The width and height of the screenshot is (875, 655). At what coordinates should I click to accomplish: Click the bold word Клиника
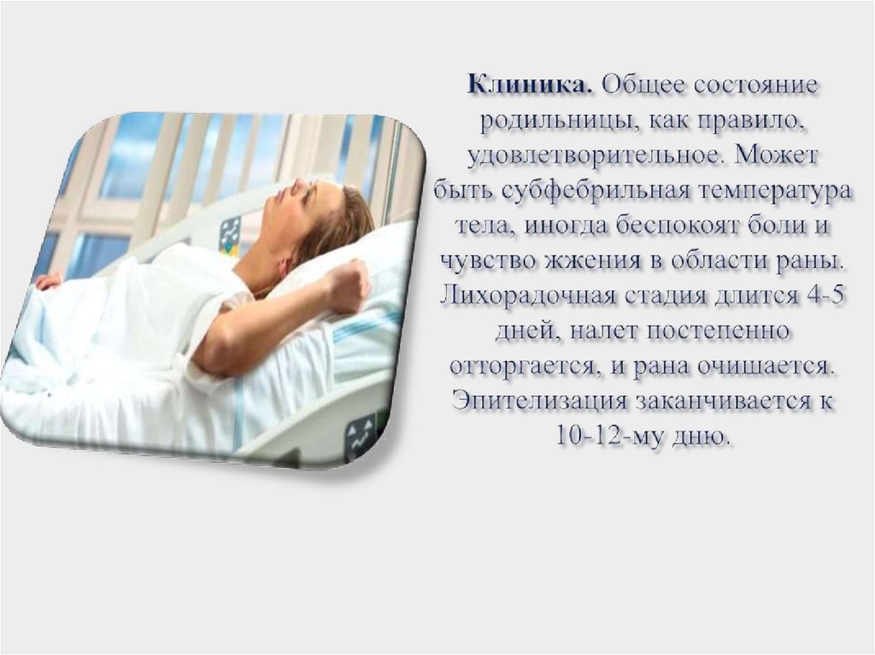tap(529, 86)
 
